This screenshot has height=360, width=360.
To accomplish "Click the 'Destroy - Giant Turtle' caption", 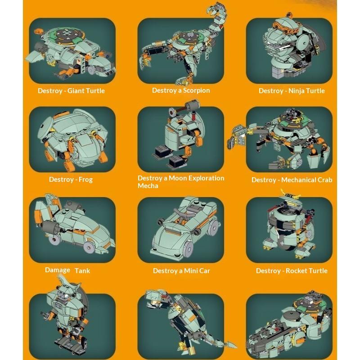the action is click(x=71, y=91).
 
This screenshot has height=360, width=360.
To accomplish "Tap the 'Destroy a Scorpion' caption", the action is click(x=181, y=90).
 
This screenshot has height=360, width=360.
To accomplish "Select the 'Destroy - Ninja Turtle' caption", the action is click(x=292, y=91).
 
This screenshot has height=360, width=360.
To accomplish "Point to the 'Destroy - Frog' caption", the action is click(x=71, y=180).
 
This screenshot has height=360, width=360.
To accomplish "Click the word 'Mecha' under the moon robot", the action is click(x=148, y=186).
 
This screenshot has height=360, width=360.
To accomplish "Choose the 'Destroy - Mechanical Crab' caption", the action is click(x=292, y=180).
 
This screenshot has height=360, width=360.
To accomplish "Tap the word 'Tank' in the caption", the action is click(x=82, y=271).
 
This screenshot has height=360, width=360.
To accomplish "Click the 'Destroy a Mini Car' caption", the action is click(x=181, y=271).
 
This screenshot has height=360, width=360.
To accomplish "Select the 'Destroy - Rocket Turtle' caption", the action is click(x=292, y=271).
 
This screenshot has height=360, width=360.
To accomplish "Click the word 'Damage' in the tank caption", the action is click(x=58, y=270).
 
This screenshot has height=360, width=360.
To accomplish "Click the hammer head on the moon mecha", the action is click(x=193, y=105).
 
